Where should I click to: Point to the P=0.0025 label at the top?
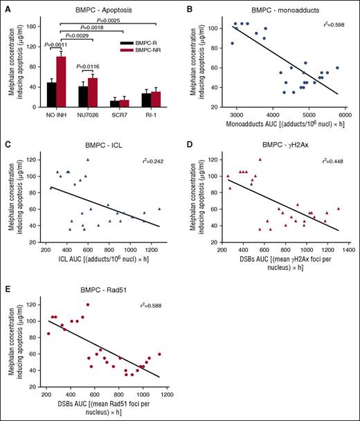point(109,19)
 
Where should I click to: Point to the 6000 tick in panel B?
point(344,114)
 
